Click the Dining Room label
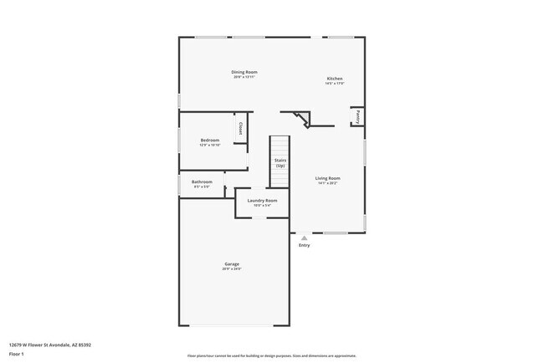244,73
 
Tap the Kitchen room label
334,79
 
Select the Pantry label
358,116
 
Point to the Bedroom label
209,140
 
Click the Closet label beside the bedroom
240,129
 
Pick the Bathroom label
202,181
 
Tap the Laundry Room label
262,201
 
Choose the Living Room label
327,178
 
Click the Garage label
231,264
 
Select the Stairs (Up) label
280,163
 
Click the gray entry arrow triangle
304,238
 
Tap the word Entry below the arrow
304,245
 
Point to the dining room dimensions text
244,78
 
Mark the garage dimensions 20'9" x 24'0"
231,269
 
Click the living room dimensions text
327,183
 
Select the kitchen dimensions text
334,84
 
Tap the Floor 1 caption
17,354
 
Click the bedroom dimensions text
209,145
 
